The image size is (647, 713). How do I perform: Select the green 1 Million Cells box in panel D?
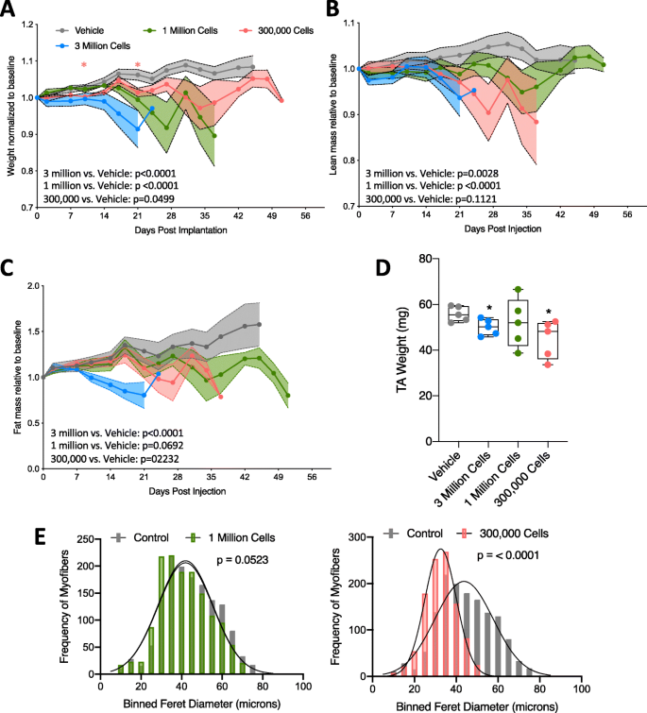click(519, 322)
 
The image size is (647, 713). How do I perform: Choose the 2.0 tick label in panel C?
click(26, 286)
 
